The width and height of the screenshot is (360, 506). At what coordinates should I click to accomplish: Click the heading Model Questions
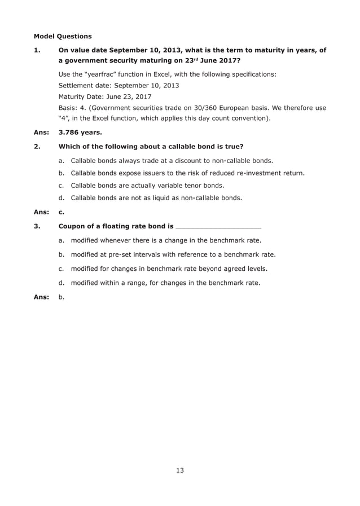pos(63,37)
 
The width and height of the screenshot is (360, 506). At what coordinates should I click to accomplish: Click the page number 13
pos(179,470)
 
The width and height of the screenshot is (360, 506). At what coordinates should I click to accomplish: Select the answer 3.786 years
pos(80,133)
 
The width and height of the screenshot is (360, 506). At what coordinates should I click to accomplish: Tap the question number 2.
pos(37,147)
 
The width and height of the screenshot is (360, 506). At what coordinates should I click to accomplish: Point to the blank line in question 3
pos(218,227)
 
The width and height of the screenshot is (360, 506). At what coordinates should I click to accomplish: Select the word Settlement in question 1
pos(78,86)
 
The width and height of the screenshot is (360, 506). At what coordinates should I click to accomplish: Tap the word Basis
pos(68,108)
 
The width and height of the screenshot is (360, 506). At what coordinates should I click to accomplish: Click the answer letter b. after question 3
pos(61,297)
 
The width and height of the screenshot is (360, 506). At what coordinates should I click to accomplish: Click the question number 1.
pos(37,50)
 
